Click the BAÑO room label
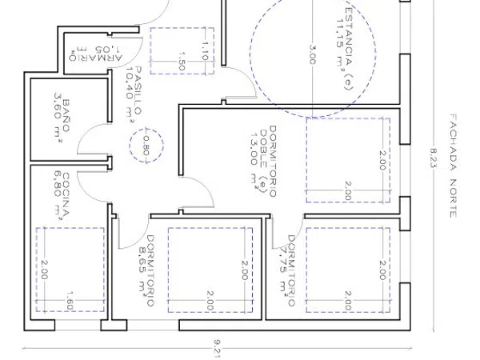point(66,115)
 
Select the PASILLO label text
point(138,91)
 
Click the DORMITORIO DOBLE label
point(268,161)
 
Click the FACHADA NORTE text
point(454,166)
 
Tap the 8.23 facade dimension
point(433,158)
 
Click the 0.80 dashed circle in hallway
point(146,129)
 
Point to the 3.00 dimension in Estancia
point(312,54)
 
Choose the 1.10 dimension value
point(205,51)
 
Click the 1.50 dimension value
point(182,62)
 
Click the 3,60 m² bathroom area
point(58,117)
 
